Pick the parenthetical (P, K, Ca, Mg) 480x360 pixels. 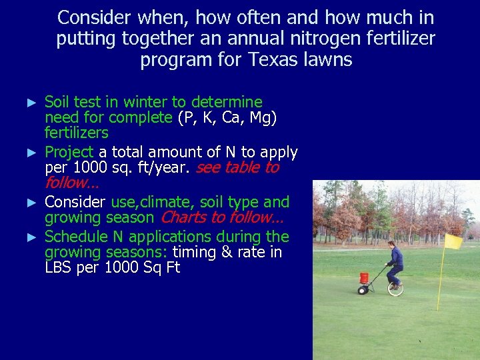(227, 118)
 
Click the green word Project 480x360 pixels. (69, 152)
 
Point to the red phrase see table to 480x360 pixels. (237, 167)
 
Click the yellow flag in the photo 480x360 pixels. (454, 241)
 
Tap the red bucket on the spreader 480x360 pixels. (364, 277)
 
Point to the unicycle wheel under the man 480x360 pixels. (395, 288)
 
